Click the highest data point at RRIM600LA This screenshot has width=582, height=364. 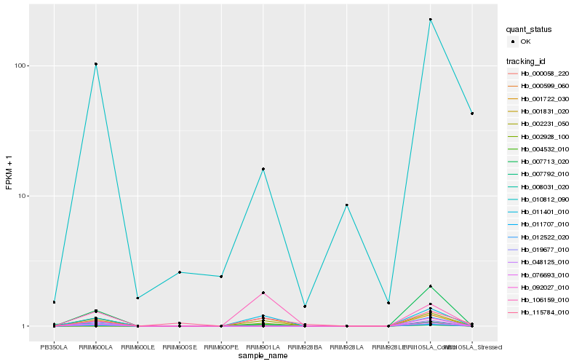click(96, 64)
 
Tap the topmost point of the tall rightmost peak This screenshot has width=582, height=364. click(430, 19)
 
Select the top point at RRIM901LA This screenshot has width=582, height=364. click(263, 169)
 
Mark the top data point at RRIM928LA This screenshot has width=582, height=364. click(346, 205)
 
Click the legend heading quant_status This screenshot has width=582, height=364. click(530, 30)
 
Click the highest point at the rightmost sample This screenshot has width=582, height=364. click(472, 114)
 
